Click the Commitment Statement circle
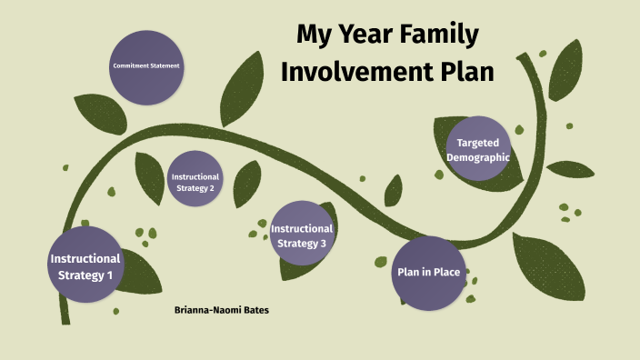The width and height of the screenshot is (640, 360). (x=146, y=66)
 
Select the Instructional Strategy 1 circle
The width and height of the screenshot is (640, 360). (x=85, y=266)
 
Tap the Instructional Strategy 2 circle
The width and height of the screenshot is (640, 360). (x=194, y=179)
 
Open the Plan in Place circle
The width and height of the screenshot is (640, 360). (x=428, y=272)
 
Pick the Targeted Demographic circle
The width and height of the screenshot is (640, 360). (x=478, y=148)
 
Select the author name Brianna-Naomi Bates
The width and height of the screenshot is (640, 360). (x=221, y=311)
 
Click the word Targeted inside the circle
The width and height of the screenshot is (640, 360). (x=478, y=143)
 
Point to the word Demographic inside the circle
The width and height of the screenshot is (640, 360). (x=478, y=157)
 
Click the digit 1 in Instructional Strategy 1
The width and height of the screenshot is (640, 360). (x=111, y=275)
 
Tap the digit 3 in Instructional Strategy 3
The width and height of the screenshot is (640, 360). (x=323, y=243)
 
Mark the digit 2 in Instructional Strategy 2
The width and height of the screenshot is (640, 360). (x=212, y=188)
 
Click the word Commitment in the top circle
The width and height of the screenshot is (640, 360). (x=132, y=66)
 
